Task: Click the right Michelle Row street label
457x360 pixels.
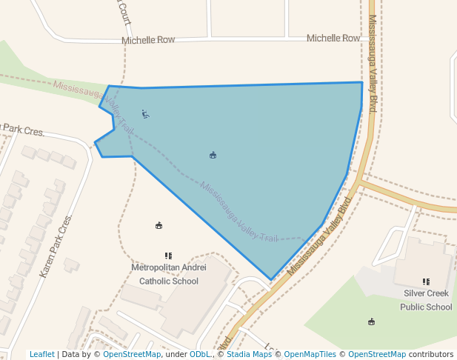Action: tap(333, 38)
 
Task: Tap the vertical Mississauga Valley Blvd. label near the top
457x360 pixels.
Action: tap(373, 63)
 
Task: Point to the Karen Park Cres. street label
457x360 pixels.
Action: tap(56, 247)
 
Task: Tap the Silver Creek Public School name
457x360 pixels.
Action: tap(426, 300)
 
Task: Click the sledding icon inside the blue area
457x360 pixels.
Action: tap(146, 114)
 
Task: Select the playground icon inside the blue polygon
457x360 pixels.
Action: tap(213, 155)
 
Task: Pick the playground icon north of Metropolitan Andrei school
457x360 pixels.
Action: tap(159, 225)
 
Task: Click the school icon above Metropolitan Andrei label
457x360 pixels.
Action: tap(169, 256)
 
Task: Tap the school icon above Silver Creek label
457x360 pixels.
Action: tap(426, 281)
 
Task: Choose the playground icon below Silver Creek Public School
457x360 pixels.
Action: tap(371, 321)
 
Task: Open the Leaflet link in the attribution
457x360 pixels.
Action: tap(41, 354)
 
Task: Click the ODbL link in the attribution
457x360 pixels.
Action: tap(199, 354)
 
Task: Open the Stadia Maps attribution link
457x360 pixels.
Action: tap(249, 354)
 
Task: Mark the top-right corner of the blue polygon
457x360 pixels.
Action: tap(362, 82)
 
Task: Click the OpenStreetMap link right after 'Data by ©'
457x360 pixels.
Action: tap(132, 354)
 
